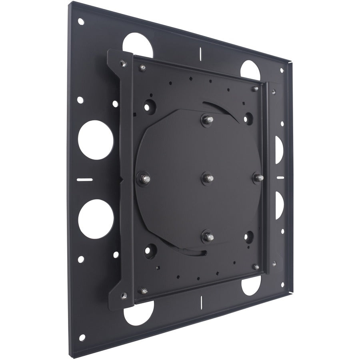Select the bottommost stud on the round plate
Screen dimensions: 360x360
pos(208,236)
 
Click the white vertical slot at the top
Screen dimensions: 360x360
pos(199,54)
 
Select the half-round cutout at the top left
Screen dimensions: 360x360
pos(138,43)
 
